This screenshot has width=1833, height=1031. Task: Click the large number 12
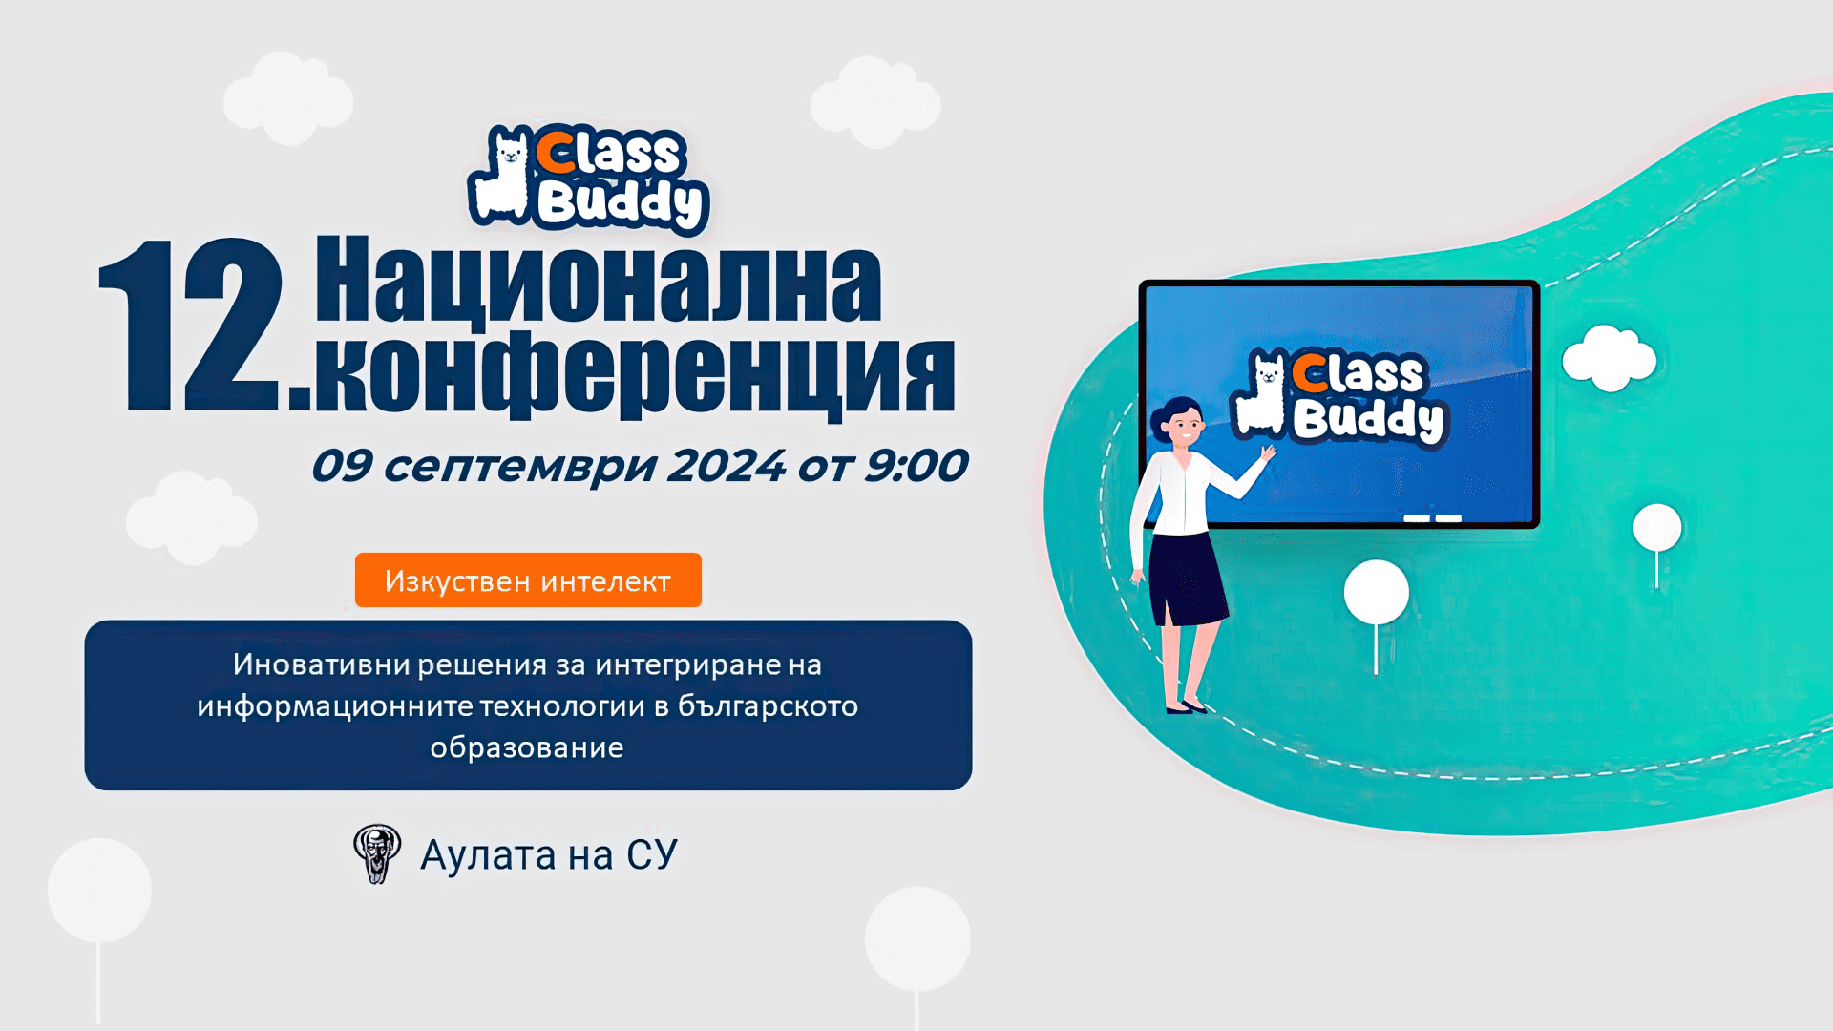pos(191,326)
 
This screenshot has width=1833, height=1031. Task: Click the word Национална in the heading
pos(599,282)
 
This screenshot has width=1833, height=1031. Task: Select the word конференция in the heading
pos(635,374)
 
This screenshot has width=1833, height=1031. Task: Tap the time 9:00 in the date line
pos(915,466)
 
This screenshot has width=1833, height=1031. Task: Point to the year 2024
pos(726,466)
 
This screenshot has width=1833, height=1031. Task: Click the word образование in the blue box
pos(527,747)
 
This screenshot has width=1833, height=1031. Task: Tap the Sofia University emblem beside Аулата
pos(377,853)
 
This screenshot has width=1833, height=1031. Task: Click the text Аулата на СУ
pos(549,855)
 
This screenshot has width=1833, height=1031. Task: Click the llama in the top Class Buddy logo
pos(501,177)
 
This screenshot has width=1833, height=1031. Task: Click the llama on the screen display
pos(1260,396)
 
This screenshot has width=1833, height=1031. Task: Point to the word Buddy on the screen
pos(1369,419)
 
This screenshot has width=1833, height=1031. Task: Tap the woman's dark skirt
pos(1186,578)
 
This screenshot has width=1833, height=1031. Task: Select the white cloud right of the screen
pos(1609,359)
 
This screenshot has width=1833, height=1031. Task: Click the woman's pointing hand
pos(1267,453)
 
